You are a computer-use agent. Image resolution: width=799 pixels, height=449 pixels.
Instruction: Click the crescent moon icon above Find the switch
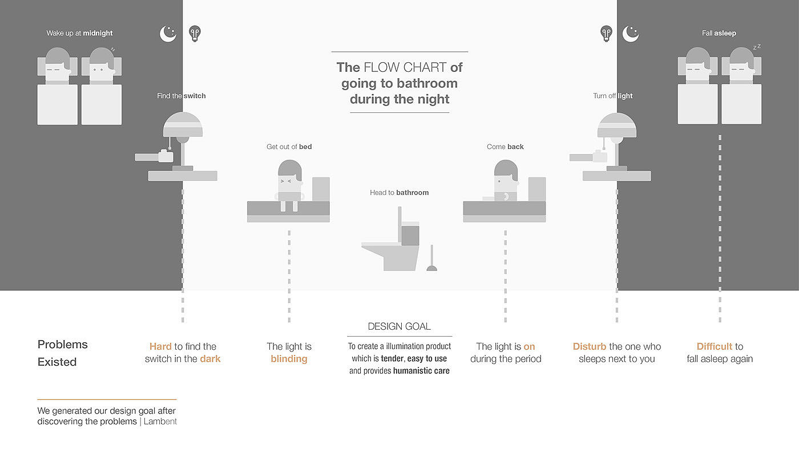pos(168,34)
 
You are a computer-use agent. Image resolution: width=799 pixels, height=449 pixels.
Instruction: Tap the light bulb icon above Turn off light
pos(606,34)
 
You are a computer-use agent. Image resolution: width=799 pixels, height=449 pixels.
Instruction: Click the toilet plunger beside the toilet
pos(431,258)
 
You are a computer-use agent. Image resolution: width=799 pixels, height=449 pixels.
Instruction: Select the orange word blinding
pos(289,359)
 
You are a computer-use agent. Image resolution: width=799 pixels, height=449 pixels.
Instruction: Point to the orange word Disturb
pos(589,346)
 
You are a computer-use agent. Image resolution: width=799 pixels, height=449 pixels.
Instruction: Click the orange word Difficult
pos(714,346)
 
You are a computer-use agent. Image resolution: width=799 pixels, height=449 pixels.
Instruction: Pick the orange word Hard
pos(160,346)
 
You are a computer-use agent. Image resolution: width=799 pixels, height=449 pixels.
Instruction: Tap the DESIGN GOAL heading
pos(399,326)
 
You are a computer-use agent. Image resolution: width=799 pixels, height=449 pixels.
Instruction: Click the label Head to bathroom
pos(399,193)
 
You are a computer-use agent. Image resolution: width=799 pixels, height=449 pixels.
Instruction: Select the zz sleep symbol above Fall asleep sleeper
pos(757,47)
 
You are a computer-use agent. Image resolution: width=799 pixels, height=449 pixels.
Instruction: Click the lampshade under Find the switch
pos(183,124)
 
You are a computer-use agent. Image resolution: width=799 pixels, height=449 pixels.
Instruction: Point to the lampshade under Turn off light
pos(617,125)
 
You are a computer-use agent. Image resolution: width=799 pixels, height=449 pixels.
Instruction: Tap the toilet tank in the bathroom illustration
pos(410,233)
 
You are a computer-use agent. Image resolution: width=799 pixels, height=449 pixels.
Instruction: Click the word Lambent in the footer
pos(160,421)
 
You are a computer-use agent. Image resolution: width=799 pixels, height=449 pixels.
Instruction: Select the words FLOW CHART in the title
pos(405,67)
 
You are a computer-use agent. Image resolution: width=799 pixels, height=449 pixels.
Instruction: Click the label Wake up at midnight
pos(79,33)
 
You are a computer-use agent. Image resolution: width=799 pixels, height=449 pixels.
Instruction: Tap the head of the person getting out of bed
pos(290,176)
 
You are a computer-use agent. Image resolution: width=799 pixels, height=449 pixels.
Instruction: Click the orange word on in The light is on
pos(530,347)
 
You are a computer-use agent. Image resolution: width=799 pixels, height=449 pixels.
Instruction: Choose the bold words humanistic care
pos(421,371)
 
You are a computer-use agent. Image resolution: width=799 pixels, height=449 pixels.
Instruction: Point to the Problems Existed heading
pos(62,353)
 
